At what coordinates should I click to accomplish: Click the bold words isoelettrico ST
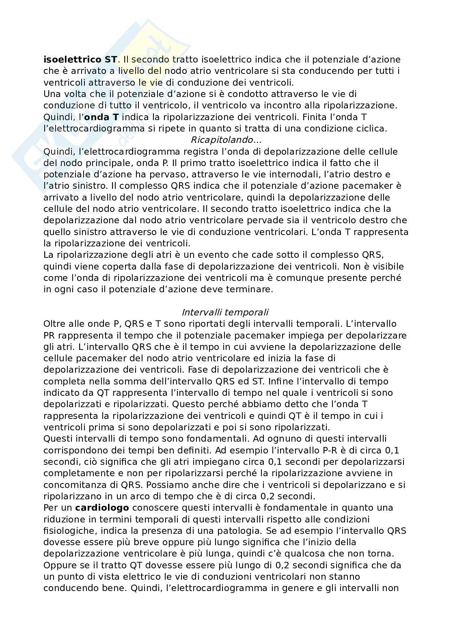(81, 60)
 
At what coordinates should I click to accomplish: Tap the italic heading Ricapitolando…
(226, 140)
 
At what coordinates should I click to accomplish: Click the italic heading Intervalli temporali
(225, 313)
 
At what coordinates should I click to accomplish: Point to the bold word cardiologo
(102, 508)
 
